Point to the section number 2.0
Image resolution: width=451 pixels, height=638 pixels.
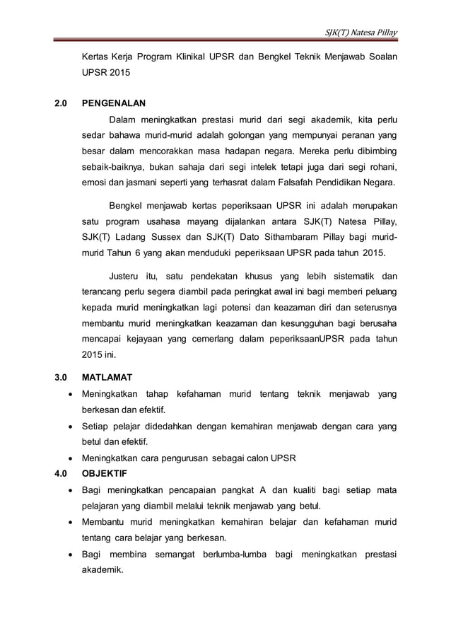[61, 103]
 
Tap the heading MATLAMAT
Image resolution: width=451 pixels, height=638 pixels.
[108, 378]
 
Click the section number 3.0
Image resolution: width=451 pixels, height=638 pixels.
[61, 378]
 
